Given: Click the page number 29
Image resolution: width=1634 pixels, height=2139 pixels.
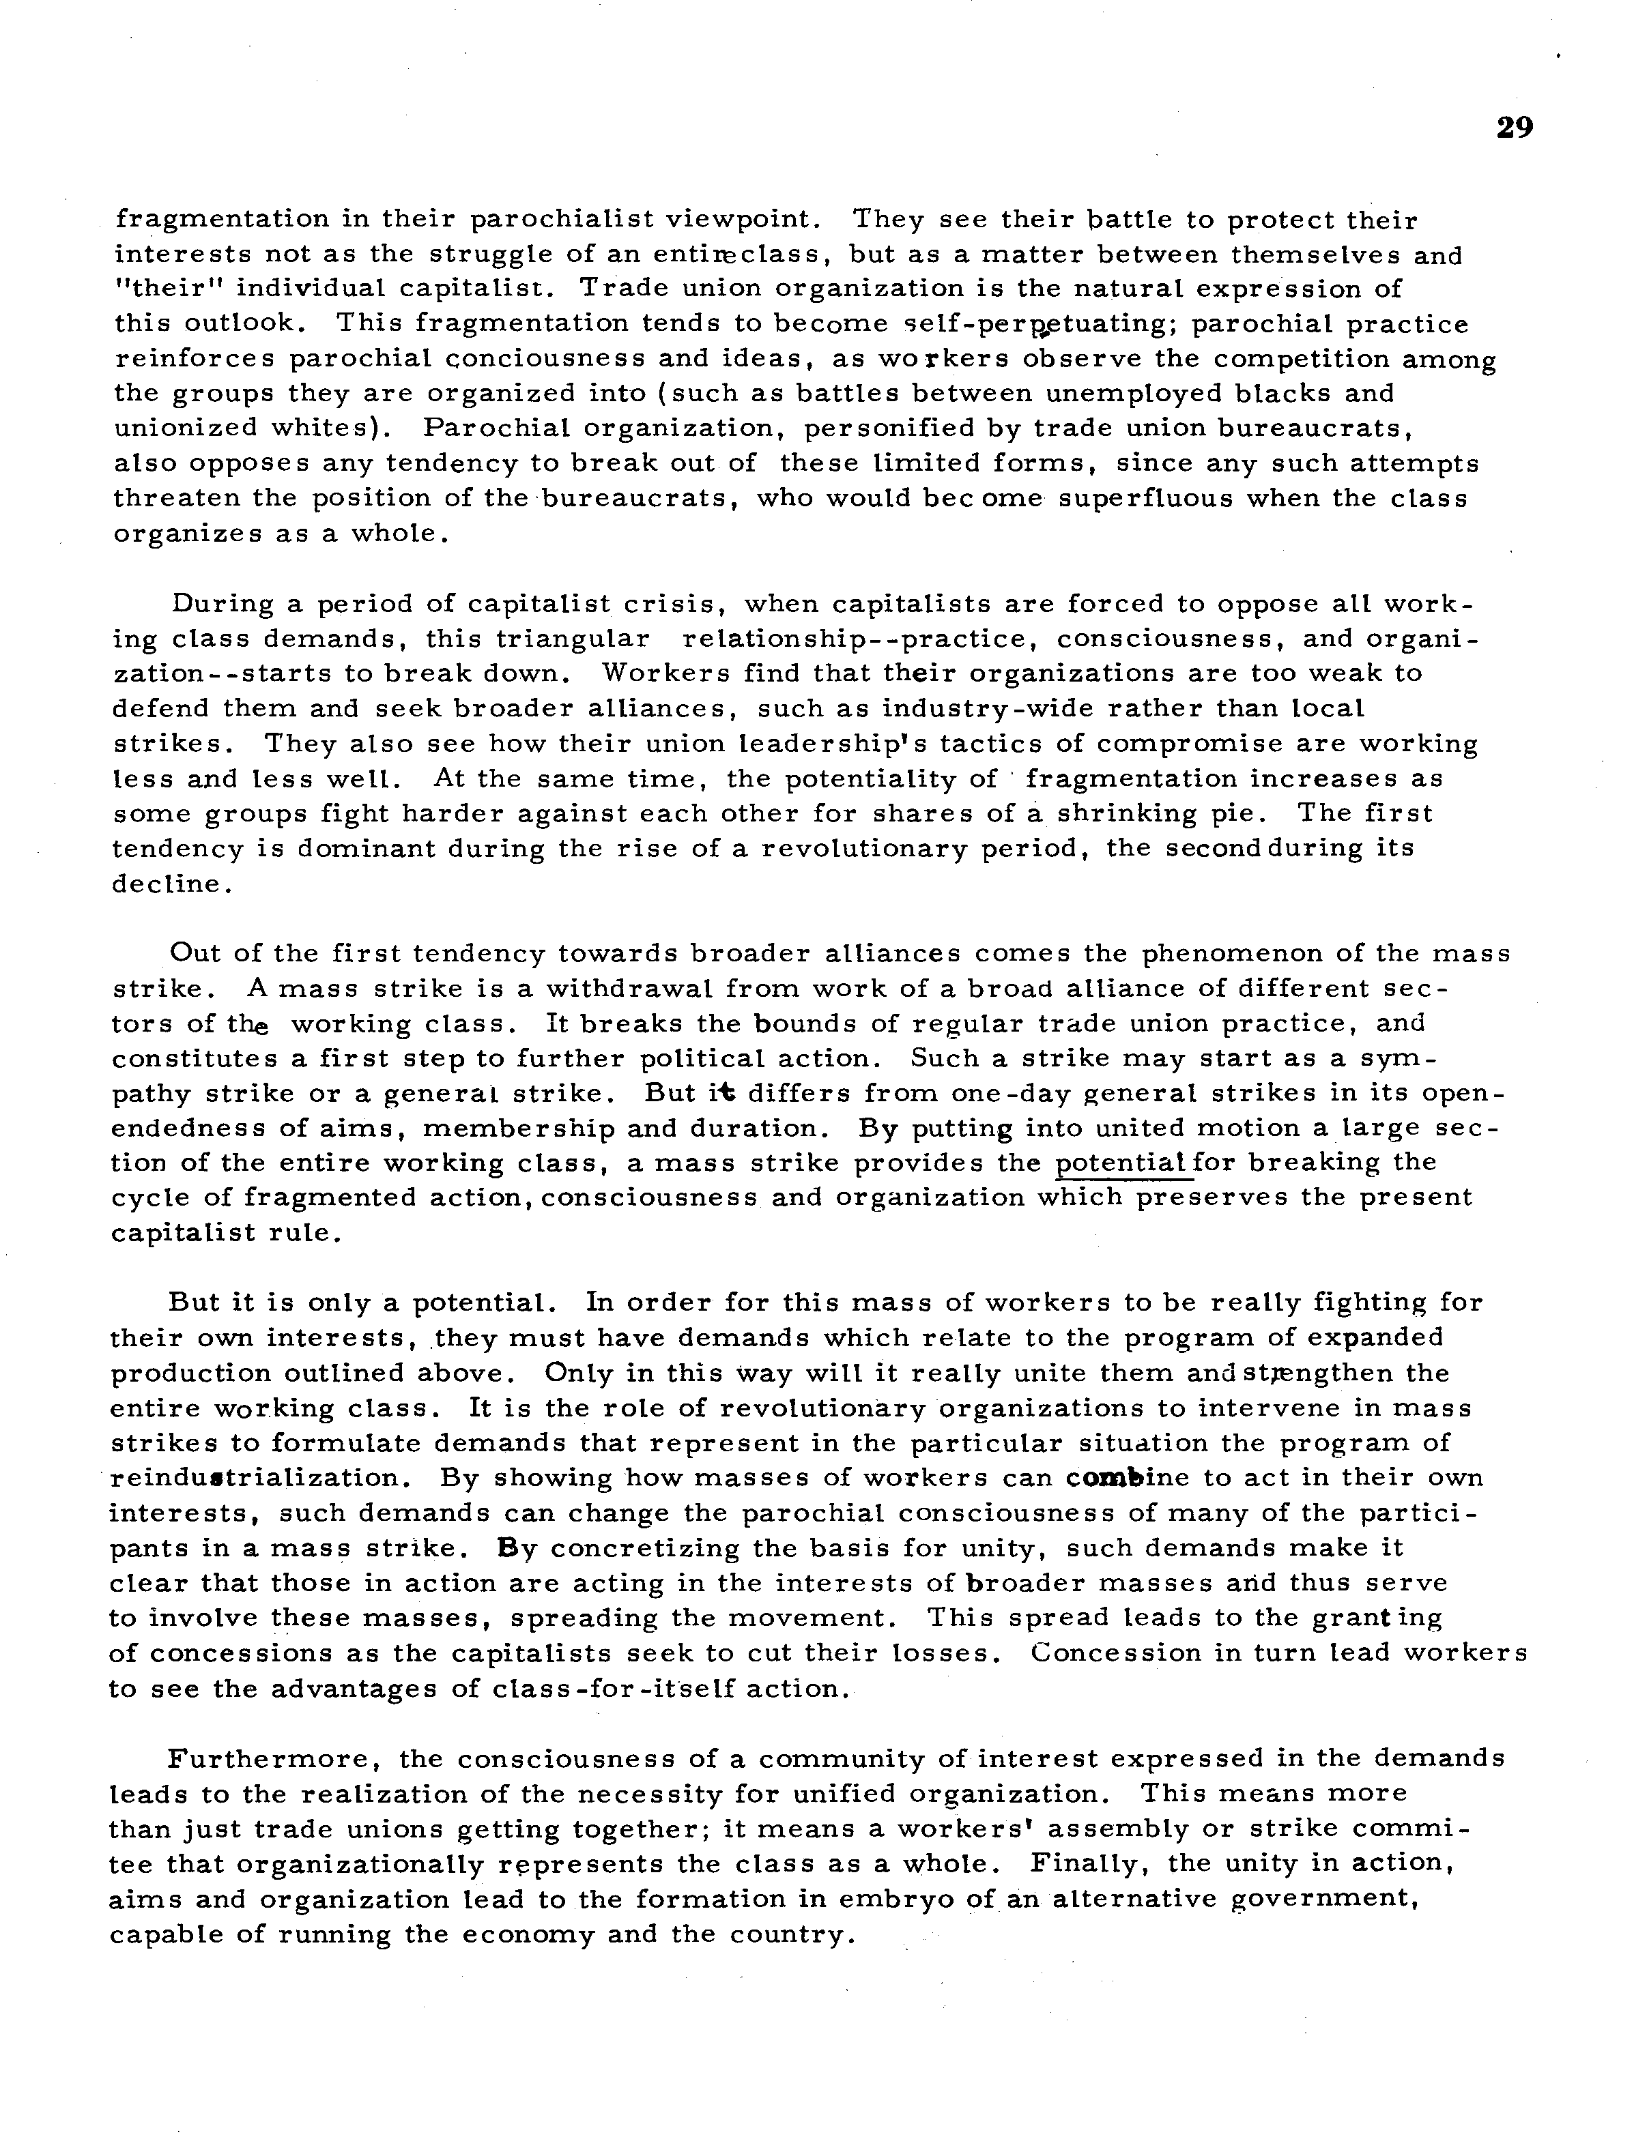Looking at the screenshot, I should pyautogui.click(x=1515, y=128).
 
